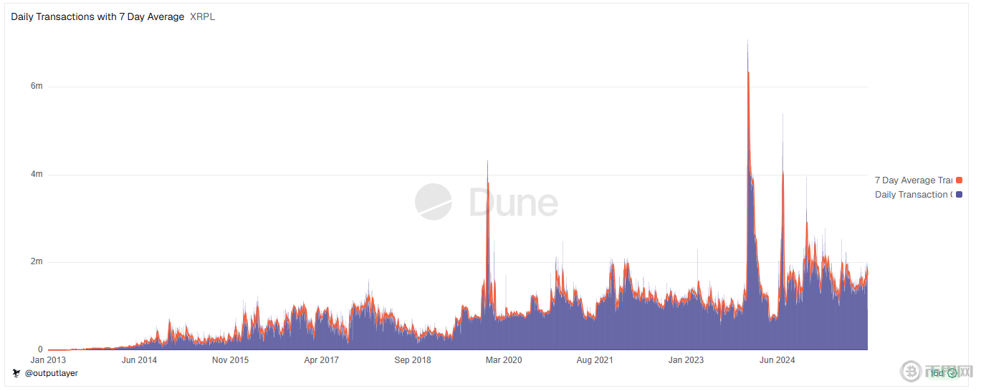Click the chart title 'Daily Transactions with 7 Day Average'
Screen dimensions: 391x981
pos(97,16)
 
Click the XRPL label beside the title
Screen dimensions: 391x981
pos(203,16)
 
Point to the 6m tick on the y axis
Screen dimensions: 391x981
pos(36,87)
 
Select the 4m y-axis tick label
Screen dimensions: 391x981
pos(36,174)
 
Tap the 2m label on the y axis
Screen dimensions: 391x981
pos(36,262)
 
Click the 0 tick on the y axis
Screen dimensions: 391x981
pos(40,349)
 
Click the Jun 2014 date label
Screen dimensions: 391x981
pos(139,360)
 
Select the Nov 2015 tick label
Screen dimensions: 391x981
pos(230,360)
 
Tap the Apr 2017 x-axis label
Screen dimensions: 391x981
pos(321,360)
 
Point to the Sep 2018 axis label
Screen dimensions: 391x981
pos(412,360)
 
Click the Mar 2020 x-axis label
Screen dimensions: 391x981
pos(503,360)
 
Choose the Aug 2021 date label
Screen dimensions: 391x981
pos(594,360)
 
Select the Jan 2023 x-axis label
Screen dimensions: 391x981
pos(686,360)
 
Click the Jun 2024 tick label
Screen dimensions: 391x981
pos(777,360)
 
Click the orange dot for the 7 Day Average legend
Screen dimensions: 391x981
pos(959,180)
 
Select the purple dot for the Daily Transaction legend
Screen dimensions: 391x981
pos(959,195)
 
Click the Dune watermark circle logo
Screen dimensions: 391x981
pos(434,202)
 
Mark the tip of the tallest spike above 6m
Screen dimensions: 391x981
pos(747,40)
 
